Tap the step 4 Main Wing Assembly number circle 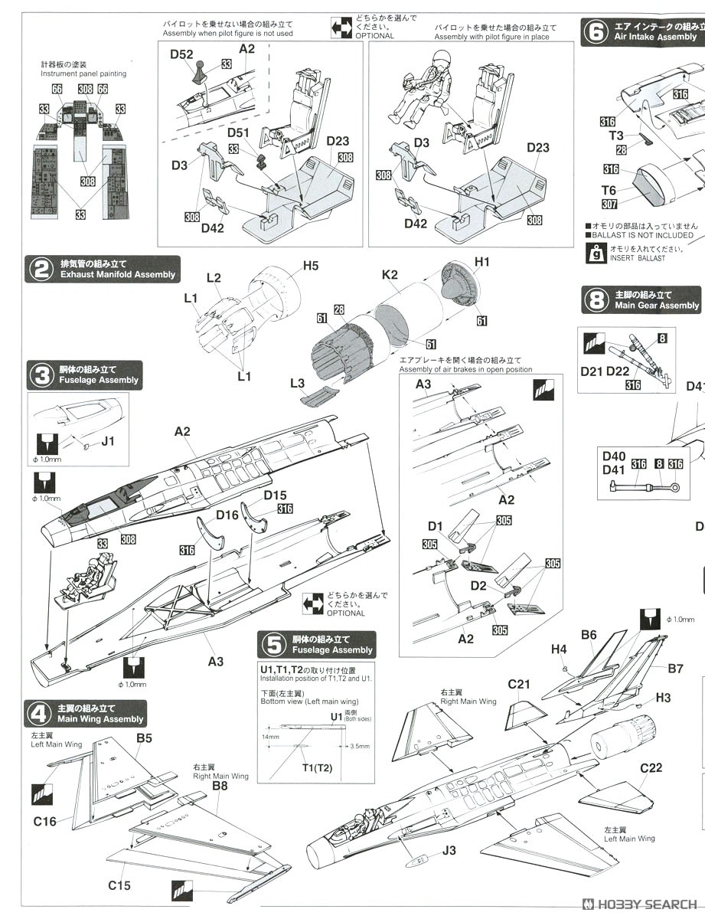tap(38, 714)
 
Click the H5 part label tap(310, 266)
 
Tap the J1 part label tap(107, 441)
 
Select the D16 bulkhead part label tap(227, 515)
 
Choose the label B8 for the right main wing tap(220, 785)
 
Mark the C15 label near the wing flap tap(119, 885)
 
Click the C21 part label tap(519, 684)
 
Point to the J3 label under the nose tap(449, 850)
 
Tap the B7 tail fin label tap(674, 669)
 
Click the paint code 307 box tap(609, 204)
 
